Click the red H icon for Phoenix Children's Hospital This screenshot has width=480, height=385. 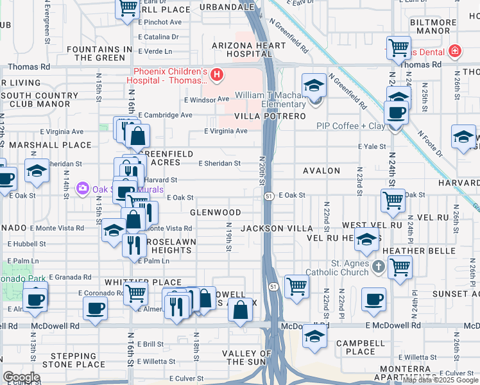click(218, 75)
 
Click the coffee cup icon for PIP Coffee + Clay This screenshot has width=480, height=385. click(395, 112)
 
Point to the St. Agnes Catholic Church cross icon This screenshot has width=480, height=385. click(379, 266)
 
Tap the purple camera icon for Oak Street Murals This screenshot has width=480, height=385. click(82, 189)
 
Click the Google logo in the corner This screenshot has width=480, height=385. click(21, 377)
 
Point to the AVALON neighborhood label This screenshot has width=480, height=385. click(321, 171)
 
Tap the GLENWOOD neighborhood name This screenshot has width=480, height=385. click(215, 212)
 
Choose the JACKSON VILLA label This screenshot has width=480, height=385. click(277, 228)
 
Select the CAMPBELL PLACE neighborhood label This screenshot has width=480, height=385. click(360, 347)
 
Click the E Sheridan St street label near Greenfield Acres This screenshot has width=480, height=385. click(219, 163)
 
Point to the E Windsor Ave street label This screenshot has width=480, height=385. click(206, 99)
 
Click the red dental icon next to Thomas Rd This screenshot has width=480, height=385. click(454, 50)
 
